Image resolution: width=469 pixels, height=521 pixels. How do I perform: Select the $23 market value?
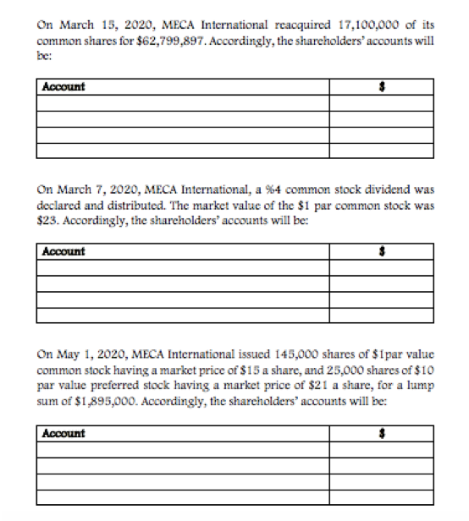pyautogui.click(x=49, y=217)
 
